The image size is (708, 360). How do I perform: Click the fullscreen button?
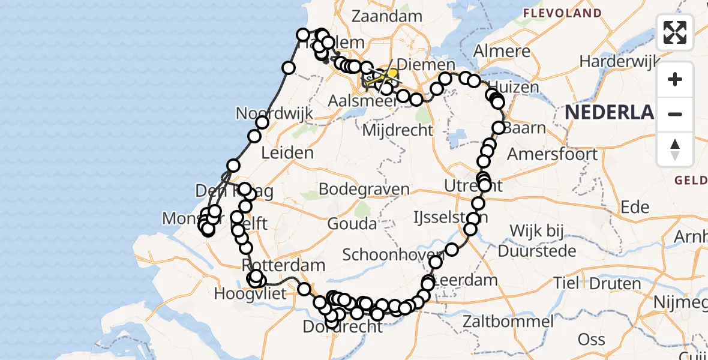click(x=675, y=32)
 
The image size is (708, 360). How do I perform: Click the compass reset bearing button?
click(x=675, y=149)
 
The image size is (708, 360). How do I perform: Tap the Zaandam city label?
click(x=387, y=16)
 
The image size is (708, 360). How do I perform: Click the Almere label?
click(x=502, y=52)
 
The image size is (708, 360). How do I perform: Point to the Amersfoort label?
click(x=552, y=154)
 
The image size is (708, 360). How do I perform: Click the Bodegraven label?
click(x=364, y=190)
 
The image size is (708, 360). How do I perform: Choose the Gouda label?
click(x=352, y=224)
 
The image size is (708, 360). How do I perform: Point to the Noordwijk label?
click(x=266, y=113)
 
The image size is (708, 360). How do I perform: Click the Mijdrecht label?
click(x=397, y=130)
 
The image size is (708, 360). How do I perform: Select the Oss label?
click(x=591, y=340)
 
